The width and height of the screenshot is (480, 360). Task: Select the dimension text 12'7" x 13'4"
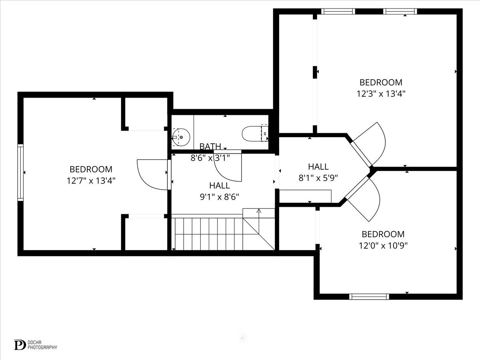tap(91, 180)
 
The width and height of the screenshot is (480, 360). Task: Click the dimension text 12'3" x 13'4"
tap(381, 94)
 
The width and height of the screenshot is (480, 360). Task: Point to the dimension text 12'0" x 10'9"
tap(383, 245)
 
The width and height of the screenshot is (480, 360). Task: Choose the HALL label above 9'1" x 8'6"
tap(220, 186)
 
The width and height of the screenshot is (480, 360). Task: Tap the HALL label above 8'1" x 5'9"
tap(318, 167)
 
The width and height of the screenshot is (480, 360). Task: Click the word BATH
tap(210, 146)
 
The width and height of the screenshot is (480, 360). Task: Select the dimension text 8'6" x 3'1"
tap(210, 158)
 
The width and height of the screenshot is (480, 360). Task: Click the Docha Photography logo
tap(35, 344)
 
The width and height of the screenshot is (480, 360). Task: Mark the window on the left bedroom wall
tap(20, 172)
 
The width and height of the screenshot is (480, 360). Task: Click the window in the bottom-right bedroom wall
tap(369, 296)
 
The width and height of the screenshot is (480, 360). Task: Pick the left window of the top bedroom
tap(338, 12)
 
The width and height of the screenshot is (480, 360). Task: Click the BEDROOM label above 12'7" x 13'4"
tap(91, 169)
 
